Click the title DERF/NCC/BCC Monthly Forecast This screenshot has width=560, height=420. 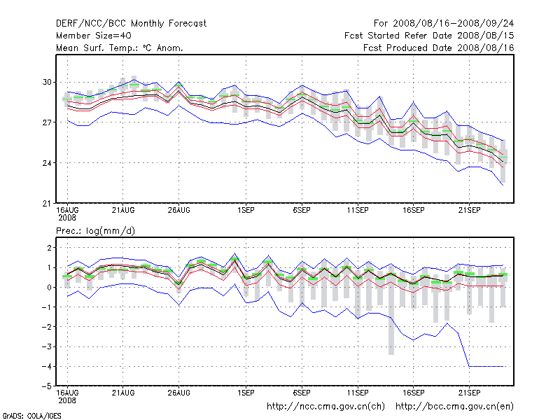(x=131, y=24)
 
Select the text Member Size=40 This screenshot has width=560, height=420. (x=93, y=36)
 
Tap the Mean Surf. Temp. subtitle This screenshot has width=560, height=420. (x=119, y=48)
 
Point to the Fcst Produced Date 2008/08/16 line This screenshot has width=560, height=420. (x=439, y=48)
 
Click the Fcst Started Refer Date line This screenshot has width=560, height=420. (x=429, y=36)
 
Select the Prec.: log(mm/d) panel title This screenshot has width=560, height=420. (x=94, y=230)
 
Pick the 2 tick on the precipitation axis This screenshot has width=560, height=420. (x=49, y=248)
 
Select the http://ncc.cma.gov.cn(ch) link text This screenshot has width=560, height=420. (x=325, y=406)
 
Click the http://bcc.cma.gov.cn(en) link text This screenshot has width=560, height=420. (x=455, y=406)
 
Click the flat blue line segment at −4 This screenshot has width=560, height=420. (x=486, y=366)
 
